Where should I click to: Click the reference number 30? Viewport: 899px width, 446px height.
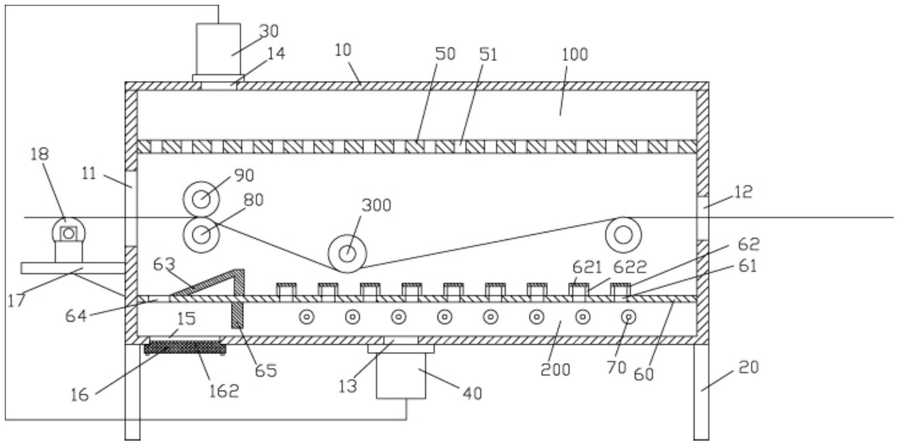269,31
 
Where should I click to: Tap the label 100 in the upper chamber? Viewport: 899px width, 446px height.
575,54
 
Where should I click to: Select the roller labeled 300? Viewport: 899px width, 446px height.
347,254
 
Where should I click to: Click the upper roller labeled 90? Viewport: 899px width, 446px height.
201,199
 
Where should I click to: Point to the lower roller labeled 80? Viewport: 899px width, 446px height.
201,235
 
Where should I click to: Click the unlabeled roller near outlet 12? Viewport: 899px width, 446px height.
623,235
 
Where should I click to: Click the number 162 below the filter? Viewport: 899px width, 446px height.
224,391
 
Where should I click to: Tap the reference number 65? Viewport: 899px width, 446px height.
266,370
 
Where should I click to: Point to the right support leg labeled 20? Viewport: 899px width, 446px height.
702,392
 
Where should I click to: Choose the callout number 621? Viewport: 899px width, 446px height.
587,267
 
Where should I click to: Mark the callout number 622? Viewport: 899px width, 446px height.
630,267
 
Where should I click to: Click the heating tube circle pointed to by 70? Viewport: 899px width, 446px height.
629,317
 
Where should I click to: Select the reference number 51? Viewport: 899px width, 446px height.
488,54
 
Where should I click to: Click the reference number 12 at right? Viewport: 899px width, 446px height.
744,192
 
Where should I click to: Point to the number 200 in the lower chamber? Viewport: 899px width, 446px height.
555,370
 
